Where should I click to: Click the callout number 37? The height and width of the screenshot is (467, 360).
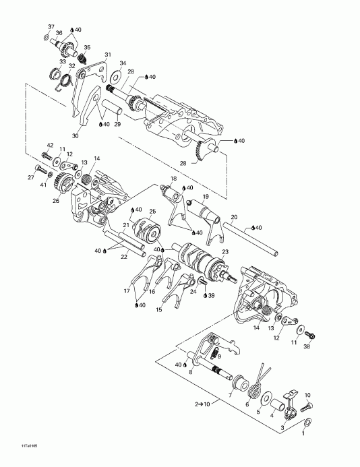(x=49, y=26)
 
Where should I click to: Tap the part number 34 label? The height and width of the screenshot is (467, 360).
(x=122, y=63)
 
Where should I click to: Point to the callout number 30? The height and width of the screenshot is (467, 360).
(x=74, y=135)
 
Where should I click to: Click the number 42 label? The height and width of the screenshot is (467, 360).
(x=50, y=145)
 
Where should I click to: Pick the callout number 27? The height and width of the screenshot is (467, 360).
(x=30, y=177)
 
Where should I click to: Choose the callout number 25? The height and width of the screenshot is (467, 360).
(x=152, y=212)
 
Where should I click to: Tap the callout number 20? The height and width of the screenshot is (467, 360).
(x=234, y=217)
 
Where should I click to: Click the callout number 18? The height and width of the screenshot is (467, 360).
(x=173, y=179)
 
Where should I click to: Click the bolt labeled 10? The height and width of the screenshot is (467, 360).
(x=307, y=406)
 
